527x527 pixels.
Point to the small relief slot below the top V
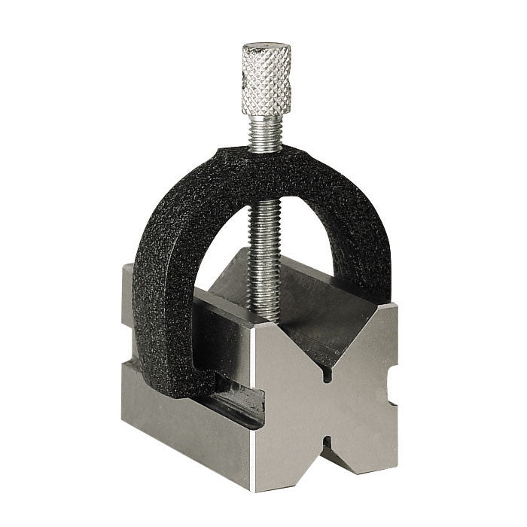[x=326, y=375]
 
